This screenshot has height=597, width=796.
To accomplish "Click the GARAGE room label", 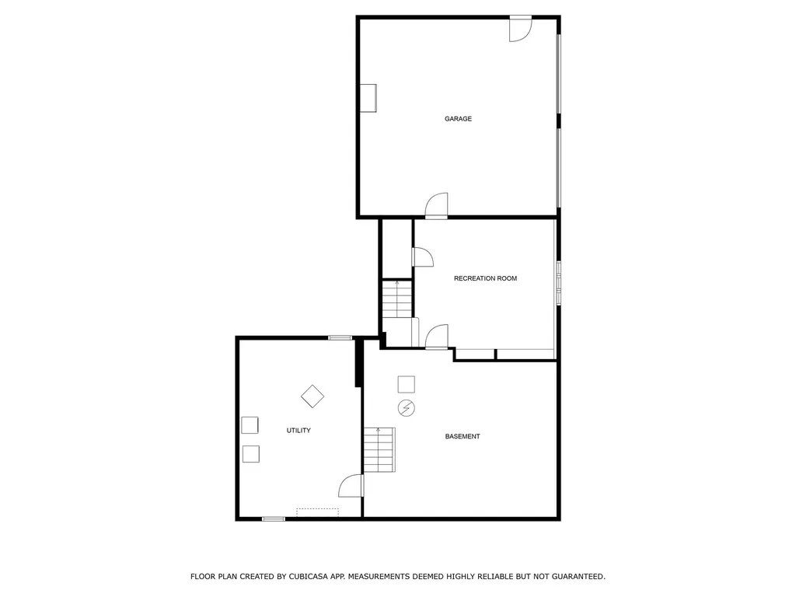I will (458, 119).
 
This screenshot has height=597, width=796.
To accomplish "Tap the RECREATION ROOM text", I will (485, 278).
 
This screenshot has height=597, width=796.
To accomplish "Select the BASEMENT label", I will (463, 437).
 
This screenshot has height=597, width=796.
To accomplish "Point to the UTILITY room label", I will (298, 431).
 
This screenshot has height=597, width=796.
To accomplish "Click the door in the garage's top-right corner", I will (520, 29).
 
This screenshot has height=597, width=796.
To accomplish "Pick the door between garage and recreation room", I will (437, 206).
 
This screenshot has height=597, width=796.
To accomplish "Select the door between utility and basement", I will (351, 486).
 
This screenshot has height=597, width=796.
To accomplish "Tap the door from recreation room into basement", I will (437, 337).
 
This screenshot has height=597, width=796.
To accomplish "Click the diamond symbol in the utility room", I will (312, 396).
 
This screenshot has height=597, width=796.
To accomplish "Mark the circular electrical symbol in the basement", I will (406, 408).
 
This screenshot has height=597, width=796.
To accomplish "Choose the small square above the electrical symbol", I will (406, 384).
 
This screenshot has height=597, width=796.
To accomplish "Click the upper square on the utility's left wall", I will (250, 424).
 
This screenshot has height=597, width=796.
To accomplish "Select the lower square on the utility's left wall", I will (250, 453).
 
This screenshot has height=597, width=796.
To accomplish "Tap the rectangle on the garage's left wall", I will (368, 98).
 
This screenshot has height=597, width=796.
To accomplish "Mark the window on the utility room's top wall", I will (340, 337).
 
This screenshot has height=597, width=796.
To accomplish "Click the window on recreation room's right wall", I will (557, 281).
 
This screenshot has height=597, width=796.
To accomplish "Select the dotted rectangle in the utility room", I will (317, 511).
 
